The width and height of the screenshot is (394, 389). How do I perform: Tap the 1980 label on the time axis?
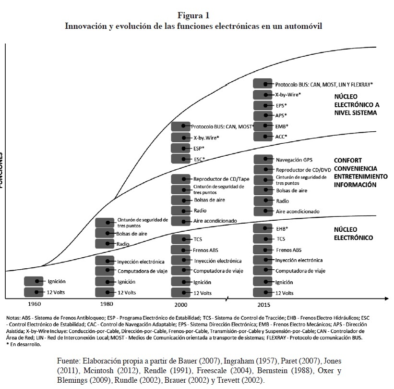click(107, 305)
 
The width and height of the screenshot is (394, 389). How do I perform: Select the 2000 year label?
click(181, 305)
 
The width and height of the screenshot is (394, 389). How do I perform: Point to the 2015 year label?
click(263, 305)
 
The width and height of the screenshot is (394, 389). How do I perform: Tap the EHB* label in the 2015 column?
click(283, 228)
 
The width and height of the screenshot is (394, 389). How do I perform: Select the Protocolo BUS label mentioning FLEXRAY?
click(318, 84)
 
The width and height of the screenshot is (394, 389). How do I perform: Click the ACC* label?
click(281, 137)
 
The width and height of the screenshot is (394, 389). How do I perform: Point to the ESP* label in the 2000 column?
click(199, 148)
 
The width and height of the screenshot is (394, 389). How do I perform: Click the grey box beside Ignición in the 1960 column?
click(34, 282)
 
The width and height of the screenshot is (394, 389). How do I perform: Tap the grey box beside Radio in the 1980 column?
click(105, 244)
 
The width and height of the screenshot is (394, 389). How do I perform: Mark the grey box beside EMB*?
click(263, 126)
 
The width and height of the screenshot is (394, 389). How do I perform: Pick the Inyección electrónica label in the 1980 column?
click(141, 262)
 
